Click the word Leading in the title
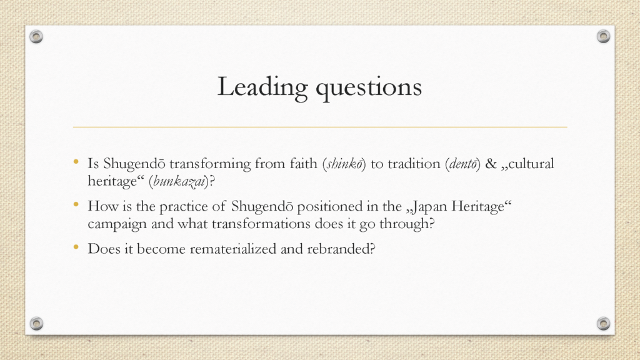262,87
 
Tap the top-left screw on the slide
36,36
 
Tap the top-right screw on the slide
603,36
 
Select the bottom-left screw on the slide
36,323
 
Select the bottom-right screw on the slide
603,323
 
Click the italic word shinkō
344,164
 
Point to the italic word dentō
463,164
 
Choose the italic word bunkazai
179,181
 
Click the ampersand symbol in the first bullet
491,164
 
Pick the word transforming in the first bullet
210,164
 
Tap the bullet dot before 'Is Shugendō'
76,162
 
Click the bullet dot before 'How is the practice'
76,204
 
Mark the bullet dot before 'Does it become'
76,247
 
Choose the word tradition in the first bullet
414,164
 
